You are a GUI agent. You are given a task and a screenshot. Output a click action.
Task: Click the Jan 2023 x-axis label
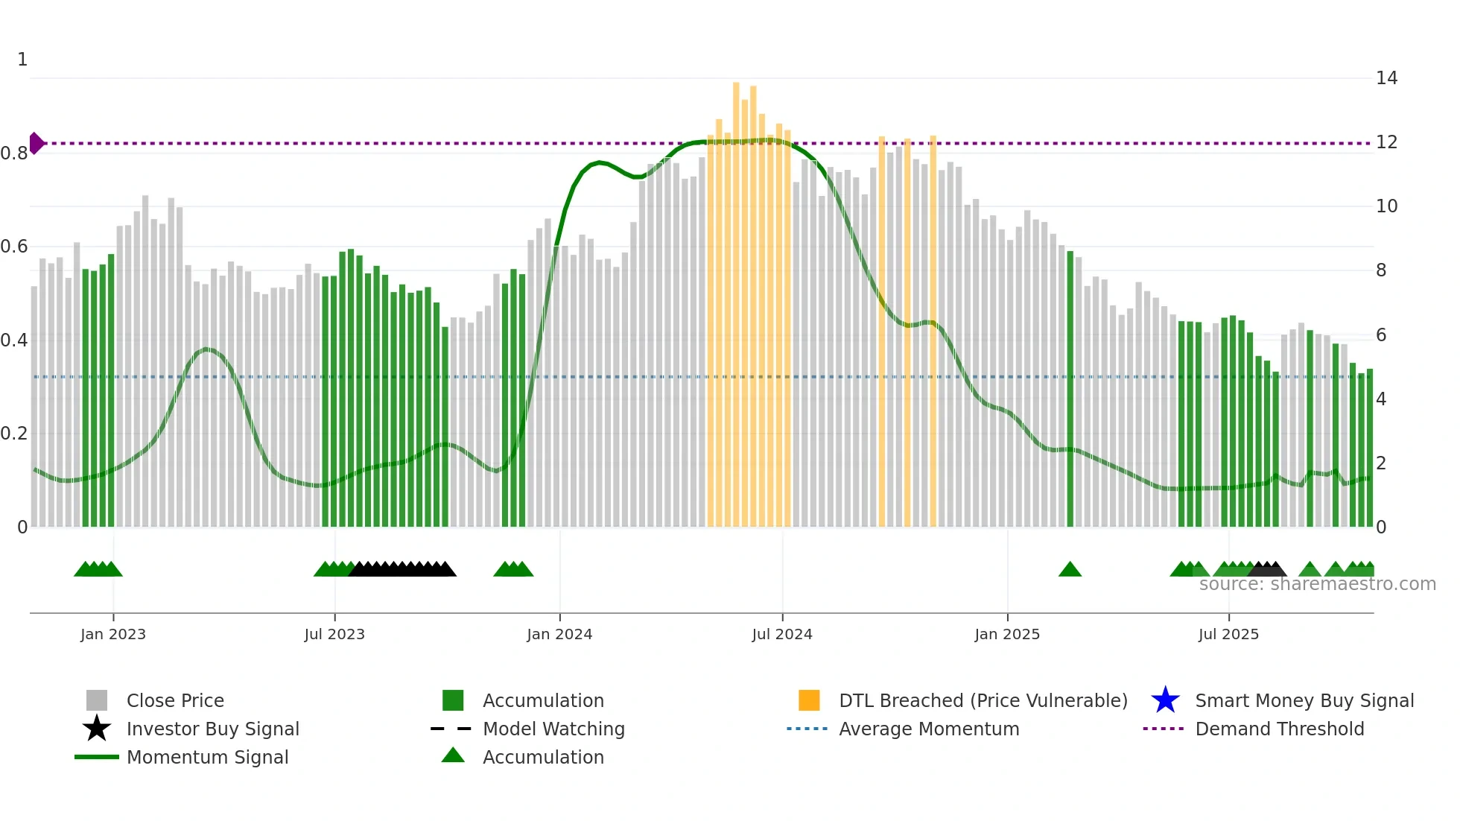[x=113, y=634]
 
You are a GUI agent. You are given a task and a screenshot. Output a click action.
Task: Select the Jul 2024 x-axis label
[x=782, y=634]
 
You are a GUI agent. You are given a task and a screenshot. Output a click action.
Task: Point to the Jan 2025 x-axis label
[x=1007, y=634]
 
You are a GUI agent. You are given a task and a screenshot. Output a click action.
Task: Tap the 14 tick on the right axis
[x=1386, y=78]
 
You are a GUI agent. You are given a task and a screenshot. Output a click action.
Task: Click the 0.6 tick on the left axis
[x=14, y=247]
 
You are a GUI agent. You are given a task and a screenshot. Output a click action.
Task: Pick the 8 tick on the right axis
[x=1381, y=270]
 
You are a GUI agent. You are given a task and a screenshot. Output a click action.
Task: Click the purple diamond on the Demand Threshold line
[x=36, y=143]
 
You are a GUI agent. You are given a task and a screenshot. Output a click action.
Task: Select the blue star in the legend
[x=1165, y=700]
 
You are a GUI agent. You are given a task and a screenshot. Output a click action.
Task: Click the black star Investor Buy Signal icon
[x=97, y=729]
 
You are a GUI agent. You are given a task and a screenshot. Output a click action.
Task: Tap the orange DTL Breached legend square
[x=809, y=700]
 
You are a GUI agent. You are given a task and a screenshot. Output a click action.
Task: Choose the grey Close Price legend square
[x=97, y=700]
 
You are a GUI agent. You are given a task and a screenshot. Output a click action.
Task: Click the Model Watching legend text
[x=553, y=729]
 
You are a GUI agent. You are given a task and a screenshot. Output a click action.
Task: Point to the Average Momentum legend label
[x=929, y=729]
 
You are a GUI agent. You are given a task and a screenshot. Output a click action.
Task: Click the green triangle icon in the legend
[x=453, y=756]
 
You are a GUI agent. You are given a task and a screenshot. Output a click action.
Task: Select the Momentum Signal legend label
[x=207, y=757]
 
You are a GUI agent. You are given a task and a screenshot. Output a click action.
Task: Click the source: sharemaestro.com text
[x=1317, y=584]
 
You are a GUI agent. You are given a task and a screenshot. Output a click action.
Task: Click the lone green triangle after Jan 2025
[x=1070, y=570]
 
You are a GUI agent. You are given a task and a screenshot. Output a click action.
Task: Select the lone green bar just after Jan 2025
[x=1070, y=387]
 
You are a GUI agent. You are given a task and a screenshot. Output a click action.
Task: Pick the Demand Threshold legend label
[x=1279, y=729]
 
